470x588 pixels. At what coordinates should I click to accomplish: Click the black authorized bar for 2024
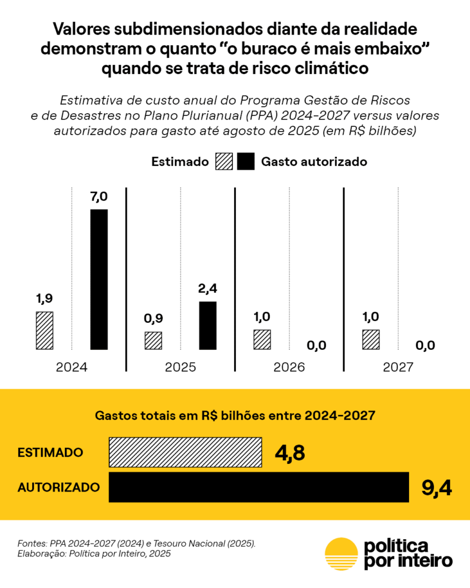pos(99,279)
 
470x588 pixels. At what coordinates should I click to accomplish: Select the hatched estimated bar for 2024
pos(44,330)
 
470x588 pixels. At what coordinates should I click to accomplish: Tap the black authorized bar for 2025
pos(208,325)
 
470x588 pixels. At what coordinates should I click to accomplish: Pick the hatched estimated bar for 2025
pos(153,341)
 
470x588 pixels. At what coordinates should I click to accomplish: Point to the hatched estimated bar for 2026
pos(262,339)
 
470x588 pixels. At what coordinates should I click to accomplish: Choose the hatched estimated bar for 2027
pos(371,339)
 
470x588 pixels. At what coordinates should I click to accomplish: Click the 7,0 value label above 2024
pos(99,197)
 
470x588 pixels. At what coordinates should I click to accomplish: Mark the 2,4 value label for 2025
pos(208,289)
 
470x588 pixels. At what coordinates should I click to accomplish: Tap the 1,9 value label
pos(44,299)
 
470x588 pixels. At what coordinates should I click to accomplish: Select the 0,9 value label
pos(153,319)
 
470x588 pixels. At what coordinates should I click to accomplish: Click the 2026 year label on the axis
pos(289,367)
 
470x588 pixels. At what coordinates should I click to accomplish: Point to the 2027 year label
pos(398,367)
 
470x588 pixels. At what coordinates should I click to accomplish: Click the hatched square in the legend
pos(224,161)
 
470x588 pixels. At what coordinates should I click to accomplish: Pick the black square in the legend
pos(246,161)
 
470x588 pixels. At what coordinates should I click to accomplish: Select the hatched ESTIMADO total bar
pos(185,452)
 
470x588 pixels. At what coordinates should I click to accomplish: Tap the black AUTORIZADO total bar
pos(258,488)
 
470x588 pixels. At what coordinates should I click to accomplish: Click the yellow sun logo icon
pos(341,554)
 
